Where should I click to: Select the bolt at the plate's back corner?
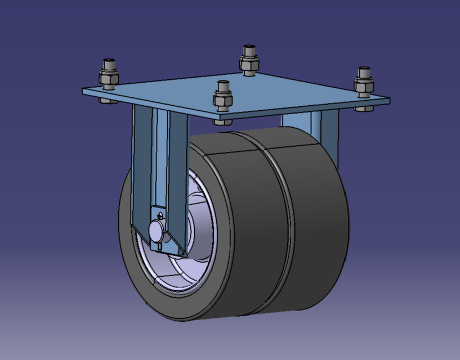(x=249, y=60)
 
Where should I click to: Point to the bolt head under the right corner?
(x=364, y=109)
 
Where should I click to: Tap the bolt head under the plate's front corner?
(x=223, y=121)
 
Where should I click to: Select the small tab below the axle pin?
(x=160, y=245)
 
